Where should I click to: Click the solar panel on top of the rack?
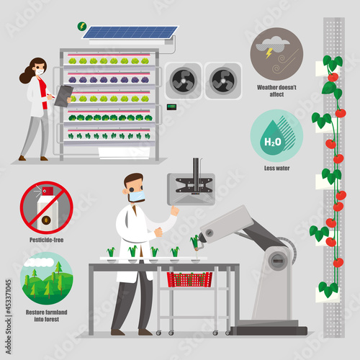[x=129, y=32]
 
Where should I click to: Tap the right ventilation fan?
[x=222, y=80]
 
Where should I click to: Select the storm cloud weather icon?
[x=276, y=53]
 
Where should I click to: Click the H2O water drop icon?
[x=276, y=135]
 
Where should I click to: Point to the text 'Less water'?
[x=276, y=168]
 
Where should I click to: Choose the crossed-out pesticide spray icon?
[x=46, y=207]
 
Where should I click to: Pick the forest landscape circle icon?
[x=46, y=276]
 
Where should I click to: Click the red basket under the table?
[x=189, y=279]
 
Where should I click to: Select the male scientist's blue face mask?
[x=136, y=196]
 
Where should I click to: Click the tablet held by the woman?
[x=63, y=94]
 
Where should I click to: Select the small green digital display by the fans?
[x=171, y=107]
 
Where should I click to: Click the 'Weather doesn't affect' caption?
[x=276, y=90]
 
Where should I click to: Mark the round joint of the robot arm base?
[x=279, y=258]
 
